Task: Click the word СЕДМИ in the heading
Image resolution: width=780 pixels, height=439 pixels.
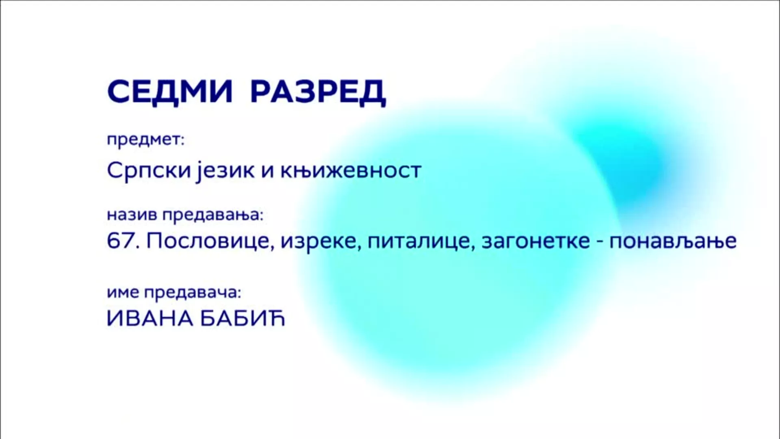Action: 170,92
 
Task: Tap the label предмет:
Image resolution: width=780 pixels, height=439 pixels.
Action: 145,141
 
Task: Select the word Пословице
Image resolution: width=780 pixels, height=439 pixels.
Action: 208,241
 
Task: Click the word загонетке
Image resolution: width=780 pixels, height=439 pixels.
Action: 536,242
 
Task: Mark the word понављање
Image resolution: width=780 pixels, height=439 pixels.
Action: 673,242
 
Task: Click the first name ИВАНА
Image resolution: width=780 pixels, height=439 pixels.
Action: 150,319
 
